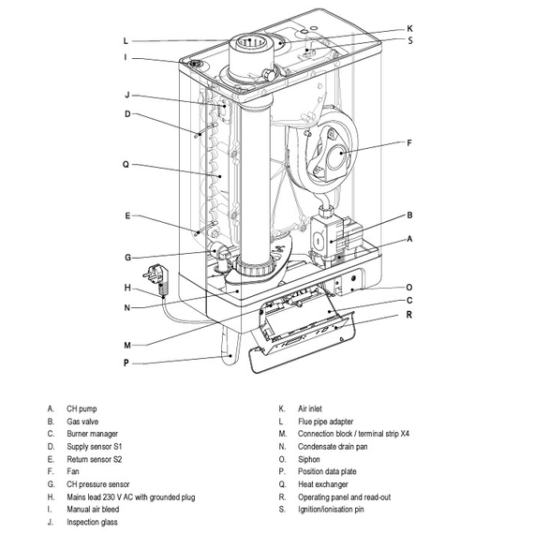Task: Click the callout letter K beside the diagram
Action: click(409, 29)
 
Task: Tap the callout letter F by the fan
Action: click(409, 142)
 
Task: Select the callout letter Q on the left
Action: click(126, 165)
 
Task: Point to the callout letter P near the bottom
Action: click(126, 363)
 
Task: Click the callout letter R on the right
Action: click(409, 315)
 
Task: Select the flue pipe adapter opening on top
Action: click(249, 42)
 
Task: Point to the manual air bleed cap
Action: click(196, 64)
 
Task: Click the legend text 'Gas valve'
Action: click(82, 422)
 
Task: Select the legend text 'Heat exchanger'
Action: click(323, 484)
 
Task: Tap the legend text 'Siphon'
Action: click(309, 459)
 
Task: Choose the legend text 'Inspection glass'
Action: click(92, 522)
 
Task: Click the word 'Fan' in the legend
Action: click(73, 471)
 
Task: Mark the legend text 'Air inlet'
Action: click(309, 408)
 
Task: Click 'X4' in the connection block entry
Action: click(405, 434)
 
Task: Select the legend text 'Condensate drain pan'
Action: click(333, 447)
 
